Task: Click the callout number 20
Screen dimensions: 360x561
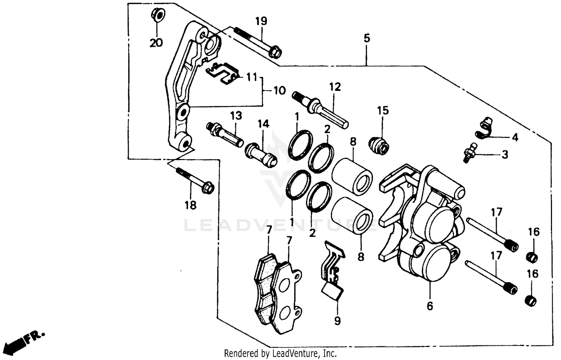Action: (x=156, y=43)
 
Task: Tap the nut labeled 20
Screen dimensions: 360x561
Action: (x=157, y=15)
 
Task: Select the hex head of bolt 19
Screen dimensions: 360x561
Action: (x=275, y=52)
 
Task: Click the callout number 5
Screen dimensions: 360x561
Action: (x=367, y=38)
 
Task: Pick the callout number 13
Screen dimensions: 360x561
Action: (x=236, y=116)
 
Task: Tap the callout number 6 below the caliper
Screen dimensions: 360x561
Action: (x=430, y=306)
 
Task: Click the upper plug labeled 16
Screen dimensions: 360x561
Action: (x=532, y=257)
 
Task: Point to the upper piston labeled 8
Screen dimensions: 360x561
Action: (x=352, y=175)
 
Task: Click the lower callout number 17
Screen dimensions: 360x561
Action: (x=496, y=256)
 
